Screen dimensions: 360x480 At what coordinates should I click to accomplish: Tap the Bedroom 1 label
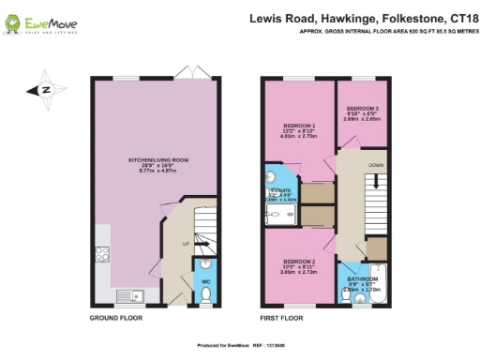point(298,125)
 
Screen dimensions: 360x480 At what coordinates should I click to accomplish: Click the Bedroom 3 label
point(361,109)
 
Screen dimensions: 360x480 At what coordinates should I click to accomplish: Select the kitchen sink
point(126,298)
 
